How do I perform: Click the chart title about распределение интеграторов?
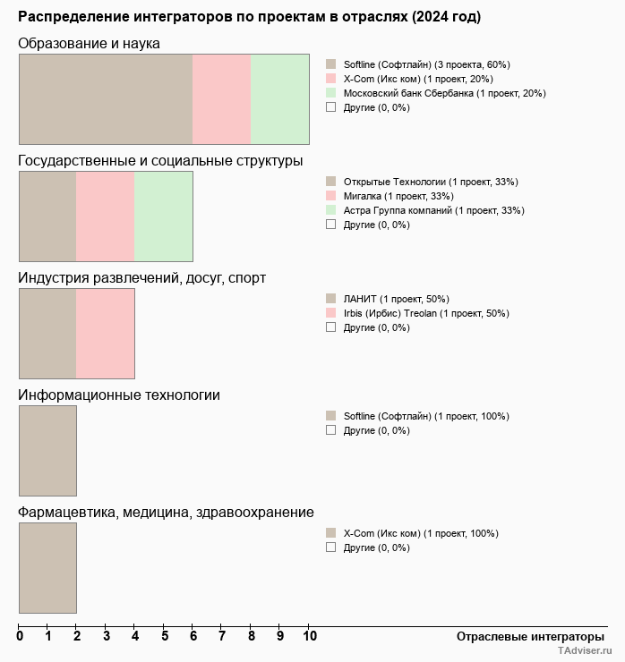[x=249, y=17]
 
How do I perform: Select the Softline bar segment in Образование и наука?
[x=106, y=99]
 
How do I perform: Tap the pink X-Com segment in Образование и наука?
[x=221, y=99]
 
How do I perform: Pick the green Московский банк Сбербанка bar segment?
[x=279, y=99]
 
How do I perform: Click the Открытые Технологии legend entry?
[x=430, y=182]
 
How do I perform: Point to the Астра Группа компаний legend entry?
[x=433, y=210]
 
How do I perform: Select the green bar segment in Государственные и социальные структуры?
[x=163, y=216]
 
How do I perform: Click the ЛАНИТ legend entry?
[x=396, y=299]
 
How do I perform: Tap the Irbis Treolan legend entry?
[x=425, y=313]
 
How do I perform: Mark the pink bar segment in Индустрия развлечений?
[x=105, y=334]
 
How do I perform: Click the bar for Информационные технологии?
[x=47, y=451]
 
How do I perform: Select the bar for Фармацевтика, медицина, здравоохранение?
[x=47, y=568]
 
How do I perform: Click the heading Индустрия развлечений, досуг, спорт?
[x=141, y=278]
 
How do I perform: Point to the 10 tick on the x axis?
[x=309, y=636]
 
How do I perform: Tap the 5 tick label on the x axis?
[x=165, y=636]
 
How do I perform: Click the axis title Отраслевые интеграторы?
[x=524, y=636]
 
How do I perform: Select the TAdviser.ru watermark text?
[x=584, y=652]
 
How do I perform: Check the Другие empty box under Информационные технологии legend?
[x=330, y=430]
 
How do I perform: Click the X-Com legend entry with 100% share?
[x=420, y=533]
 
